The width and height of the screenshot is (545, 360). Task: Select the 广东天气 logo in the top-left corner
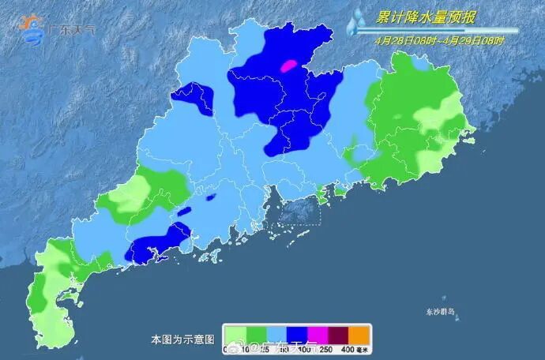(x=57, y=28)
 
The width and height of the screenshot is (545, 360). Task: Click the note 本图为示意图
(x=182, y=339)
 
